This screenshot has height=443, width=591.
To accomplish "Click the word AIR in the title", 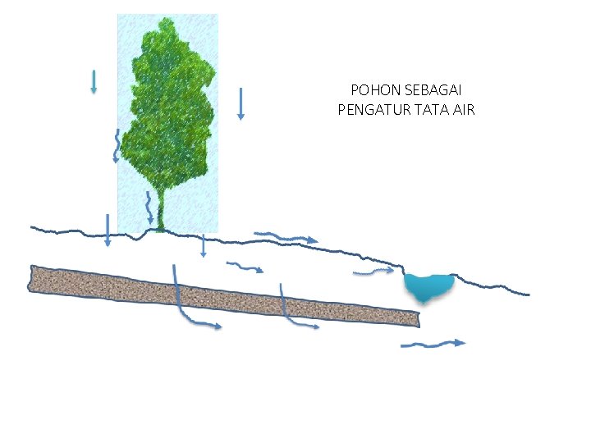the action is tap(463, 109).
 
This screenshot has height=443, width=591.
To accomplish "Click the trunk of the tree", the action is tap(161, 215).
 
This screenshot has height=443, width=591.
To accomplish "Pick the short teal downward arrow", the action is tap(94, 81).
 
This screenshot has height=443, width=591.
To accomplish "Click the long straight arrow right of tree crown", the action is tap(241, 103).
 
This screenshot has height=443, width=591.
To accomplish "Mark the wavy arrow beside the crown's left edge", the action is tap(117, 146).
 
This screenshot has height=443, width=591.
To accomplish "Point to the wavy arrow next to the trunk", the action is tap(149, 208).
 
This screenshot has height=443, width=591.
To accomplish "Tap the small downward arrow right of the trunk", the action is tap(204, 244).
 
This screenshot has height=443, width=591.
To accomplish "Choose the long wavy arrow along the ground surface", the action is tap(286, 237).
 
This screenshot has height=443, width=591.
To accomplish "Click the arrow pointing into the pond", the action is tap(373, 271).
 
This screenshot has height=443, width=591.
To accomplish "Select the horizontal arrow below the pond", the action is tap(433, 344).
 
